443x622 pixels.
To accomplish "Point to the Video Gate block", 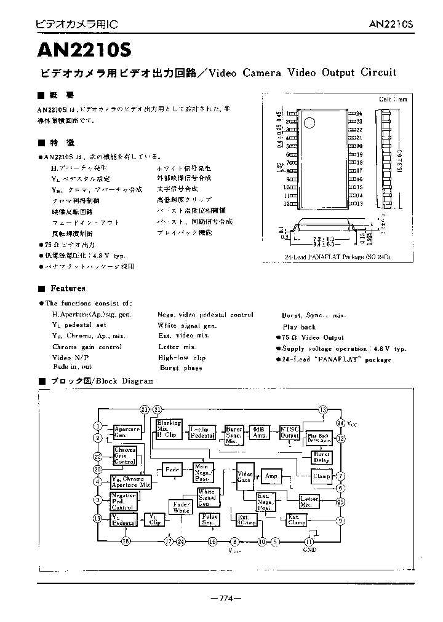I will pyautogui.click(x=245, y=476).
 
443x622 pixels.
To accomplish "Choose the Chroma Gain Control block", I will pyautogui.click(x=125, y=456).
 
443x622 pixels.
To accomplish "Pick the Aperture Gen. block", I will pyautogui.click(x=127, y=432).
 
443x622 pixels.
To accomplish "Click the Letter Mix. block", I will pyautogui.click(x=308, y=501).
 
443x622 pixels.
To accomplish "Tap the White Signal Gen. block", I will pyautogui.click(x=207, y=497).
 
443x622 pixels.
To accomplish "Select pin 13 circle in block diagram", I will pyautogui.click(x=322, y=410).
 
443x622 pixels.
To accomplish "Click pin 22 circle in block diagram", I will pyautogui.click(x=97, y=456).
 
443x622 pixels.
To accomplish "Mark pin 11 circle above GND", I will pyautogui.click(x=309, y=541).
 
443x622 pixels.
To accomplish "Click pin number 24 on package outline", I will pyautogui.click(x=359, y=114).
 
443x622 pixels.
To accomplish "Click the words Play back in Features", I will pyautogui.click(x=299, y=327).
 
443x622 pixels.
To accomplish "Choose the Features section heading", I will pyautogui.click(x=68, y=288).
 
